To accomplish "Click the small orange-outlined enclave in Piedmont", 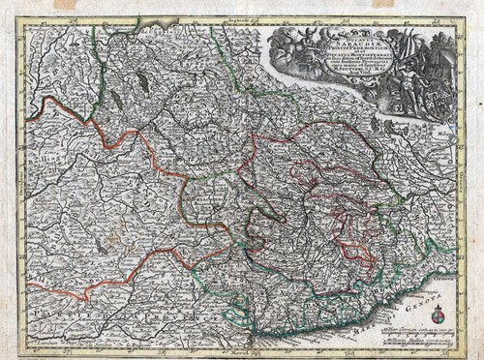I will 304,174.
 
